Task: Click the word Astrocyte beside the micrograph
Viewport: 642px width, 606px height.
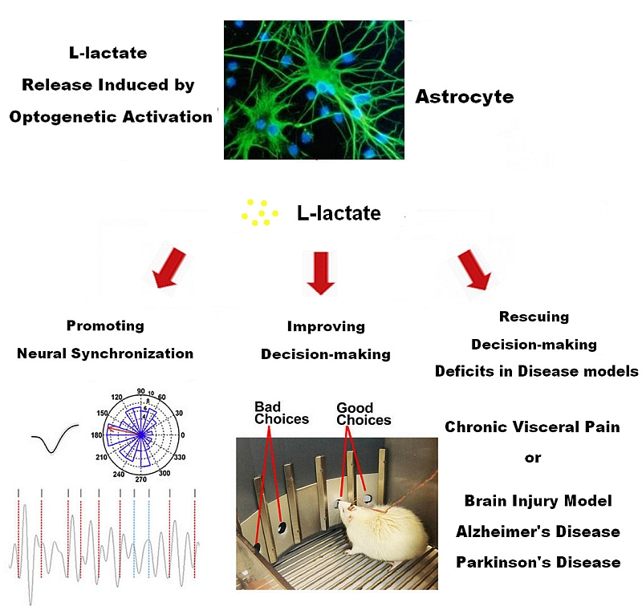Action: point(464,98)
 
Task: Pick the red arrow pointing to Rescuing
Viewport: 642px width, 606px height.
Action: point(473,271)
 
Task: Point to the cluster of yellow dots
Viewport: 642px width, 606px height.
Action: point(260,213)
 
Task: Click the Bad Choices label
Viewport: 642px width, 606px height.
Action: point(281,413)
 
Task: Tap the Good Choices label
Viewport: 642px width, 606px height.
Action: point(364,414)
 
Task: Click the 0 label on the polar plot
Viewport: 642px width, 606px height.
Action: point(183,435)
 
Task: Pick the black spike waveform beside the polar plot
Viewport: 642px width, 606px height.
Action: point(54,439)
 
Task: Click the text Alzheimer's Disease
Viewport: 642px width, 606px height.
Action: point(537,531)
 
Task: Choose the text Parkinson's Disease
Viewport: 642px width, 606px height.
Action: point(538,562)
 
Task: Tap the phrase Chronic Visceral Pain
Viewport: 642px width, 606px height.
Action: point(532,427)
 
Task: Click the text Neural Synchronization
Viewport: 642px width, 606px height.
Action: point(105,353)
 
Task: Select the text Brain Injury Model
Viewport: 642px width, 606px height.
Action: point(538,501)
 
